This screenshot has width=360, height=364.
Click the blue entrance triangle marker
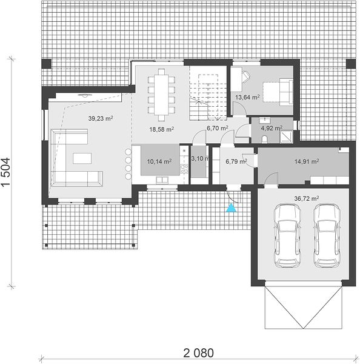[232, 208]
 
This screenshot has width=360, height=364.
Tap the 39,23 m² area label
[101, 118]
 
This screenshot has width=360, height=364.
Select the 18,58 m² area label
[162, 129]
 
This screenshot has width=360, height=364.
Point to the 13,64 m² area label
[247, 97]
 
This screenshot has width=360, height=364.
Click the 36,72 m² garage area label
[307, 198]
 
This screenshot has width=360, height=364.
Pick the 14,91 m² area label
[307, 161]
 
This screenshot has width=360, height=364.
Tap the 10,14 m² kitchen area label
[159, 161]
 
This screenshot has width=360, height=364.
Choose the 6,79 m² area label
[236, 161]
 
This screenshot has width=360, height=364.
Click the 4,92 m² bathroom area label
[272, 128]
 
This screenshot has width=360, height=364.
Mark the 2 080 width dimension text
[199, 353]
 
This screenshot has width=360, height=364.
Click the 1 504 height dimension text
[5, 172]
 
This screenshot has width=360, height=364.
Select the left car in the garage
[287, 235]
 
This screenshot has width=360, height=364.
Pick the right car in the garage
[327, 235]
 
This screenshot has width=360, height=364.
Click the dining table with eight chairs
[161, 95]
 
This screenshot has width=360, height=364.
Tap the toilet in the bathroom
[264, 140]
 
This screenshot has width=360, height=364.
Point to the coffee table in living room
[82, 158]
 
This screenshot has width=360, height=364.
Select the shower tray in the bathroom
[287, 137]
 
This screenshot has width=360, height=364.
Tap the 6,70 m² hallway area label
[218, 128]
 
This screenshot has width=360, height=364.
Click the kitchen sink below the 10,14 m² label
[162, 180]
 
